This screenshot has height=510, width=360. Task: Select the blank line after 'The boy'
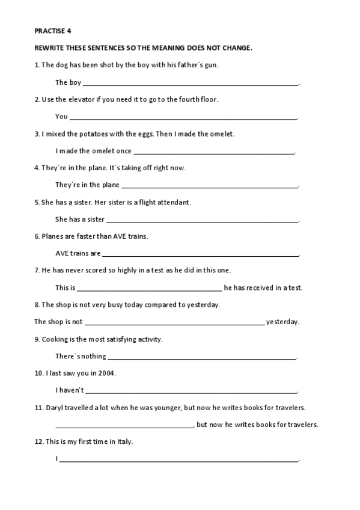pos(191,84)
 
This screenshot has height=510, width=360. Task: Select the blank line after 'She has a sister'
pos(202,221)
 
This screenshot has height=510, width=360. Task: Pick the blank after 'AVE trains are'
pos(200,255)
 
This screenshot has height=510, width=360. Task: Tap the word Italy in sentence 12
pos(124,442)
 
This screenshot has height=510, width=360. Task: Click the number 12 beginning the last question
pos(38,442)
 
